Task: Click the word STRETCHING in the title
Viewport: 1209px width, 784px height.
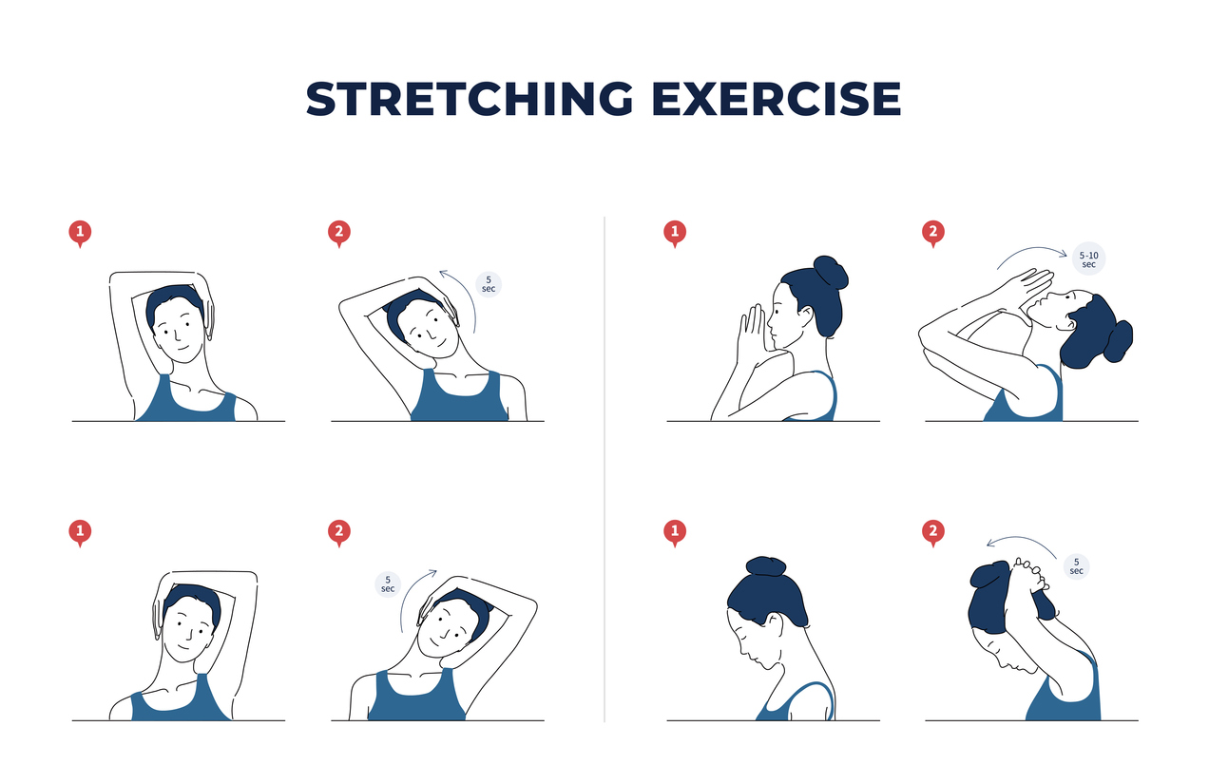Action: (x=469, y=98)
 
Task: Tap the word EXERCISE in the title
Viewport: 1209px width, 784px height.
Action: (x=777, y=98)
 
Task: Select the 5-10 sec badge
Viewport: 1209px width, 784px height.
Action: (x=1088, y=259)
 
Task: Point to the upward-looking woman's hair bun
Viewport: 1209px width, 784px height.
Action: (x=1119, y=341)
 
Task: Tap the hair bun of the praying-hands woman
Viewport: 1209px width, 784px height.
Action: (x=831, y=273)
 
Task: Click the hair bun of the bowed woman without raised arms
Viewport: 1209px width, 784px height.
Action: (x=766, y=566)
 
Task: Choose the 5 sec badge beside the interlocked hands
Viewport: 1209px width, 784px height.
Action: (x=1076, y=566)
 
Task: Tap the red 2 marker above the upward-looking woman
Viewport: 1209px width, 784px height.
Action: (x=933, y=233)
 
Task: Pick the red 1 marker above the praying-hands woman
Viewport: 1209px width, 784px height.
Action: (x=675, y=233)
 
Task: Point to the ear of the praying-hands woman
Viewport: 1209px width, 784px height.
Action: (x=806, y=316)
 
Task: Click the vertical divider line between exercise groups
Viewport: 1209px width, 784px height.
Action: (x=604, y=469)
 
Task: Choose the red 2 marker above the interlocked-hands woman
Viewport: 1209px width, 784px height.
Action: (x=933, y=532)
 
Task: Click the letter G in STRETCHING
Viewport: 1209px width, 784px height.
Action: (x=614, y=98)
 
